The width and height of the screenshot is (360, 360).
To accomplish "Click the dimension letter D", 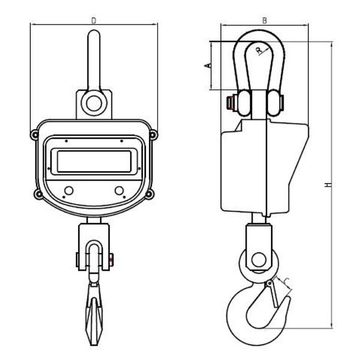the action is tap(94, 20).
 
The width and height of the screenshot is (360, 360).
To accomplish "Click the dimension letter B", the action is tap(265, 20).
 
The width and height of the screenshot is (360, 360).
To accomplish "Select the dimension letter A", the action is tap(208, 65).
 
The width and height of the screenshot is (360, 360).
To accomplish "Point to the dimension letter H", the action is tap(328, 185).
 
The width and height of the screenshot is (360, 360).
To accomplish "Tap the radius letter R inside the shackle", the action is tap(259, 50).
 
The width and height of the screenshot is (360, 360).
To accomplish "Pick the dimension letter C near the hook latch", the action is tap(287, 281).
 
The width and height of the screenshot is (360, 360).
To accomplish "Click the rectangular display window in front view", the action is tap(94, 161).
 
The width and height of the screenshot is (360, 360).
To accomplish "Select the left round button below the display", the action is tap(69, 191).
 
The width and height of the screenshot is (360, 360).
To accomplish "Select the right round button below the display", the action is tap(119, 191).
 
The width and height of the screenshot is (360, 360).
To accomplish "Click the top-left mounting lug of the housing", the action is tap(35, 135).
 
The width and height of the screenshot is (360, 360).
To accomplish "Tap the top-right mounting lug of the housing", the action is tap(153, 135).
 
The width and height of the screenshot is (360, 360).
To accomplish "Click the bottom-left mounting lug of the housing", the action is tap(38, 194).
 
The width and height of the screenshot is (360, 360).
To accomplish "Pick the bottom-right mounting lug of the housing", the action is tap(149, 194).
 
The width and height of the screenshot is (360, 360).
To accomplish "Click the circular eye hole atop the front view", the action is tap(94, 103).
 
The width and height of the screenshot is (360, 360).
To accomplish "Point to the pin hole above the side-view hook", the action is tap(259, 260).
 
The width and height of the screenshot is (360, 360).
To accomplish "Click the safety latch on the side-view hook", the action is tap(273, 293).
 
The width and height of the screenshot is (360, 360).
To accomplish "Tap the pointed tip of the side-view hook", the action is tap(288, 297).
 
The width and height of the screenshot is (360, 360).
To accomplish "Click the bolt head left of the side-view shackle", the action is tap(230, 103).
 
